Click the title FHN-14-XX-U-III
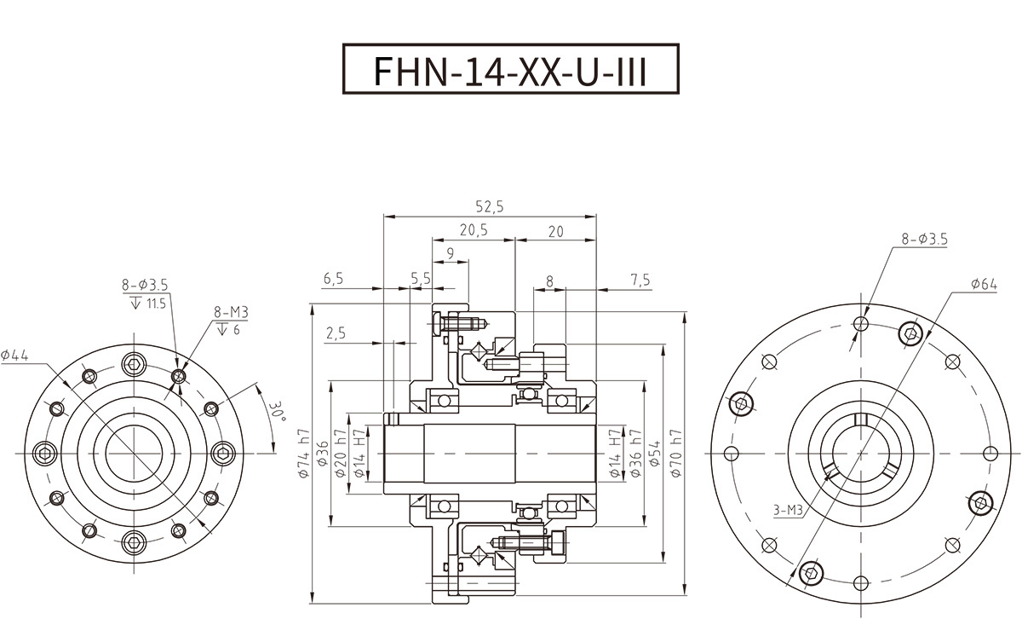point(510,72)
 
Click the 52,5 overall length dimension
point(491,206)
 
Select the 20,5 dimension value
point(474,230)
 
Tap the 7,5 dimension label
point(640,280)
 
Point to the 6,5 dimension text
point(334,280)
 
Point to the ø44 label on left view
point(15,356)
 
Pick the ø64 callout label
point(983,283)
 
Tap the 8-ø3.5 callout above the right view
point(924,240)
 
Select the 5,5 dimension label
point(421,280)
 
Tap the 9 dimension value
point(450,253)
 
